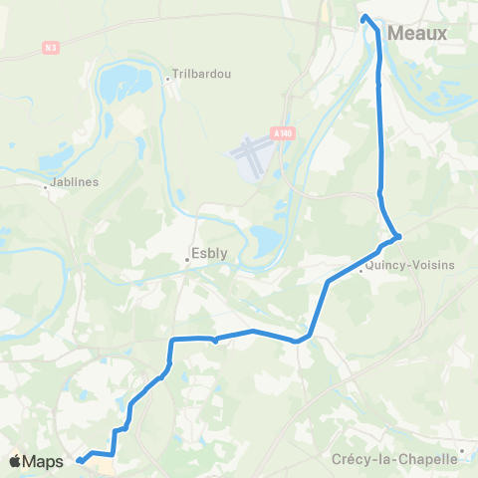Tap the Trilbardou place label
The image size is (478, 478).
pyautogui.click(x=202, y=74)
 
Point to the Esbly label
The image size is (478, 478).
pyautogui.click(x=209, y=253)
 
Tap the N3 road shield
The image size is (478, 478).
pyautogui.click(x=51, y=46)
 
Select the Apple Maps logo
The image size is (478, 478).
pyautogui.click(x=37, y=461)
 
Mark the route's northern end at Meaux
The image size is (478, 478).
pyautogui.click(x=364, y=17)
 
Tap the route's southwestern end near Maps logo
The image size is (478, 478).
pyautogui.click(x=80, y=460)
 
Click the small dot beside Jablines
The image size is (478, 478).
pyautogui.click(x=46, y=185)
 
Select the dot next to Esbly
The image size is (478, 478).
pyautogui.click(x=186, y=261)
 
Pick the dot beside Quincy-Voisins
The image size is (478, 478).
pyautogui.click(x=360, y=270)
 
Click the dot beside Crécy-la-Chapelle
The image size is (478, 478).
pyautogui.click(x=463, y=450)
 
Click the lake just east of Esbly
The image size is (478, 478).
pyautogui.click(x=264, y=239)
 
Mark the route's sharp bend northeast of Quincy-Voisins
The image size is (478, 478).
pyautogui.click(x=398, y=237)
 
